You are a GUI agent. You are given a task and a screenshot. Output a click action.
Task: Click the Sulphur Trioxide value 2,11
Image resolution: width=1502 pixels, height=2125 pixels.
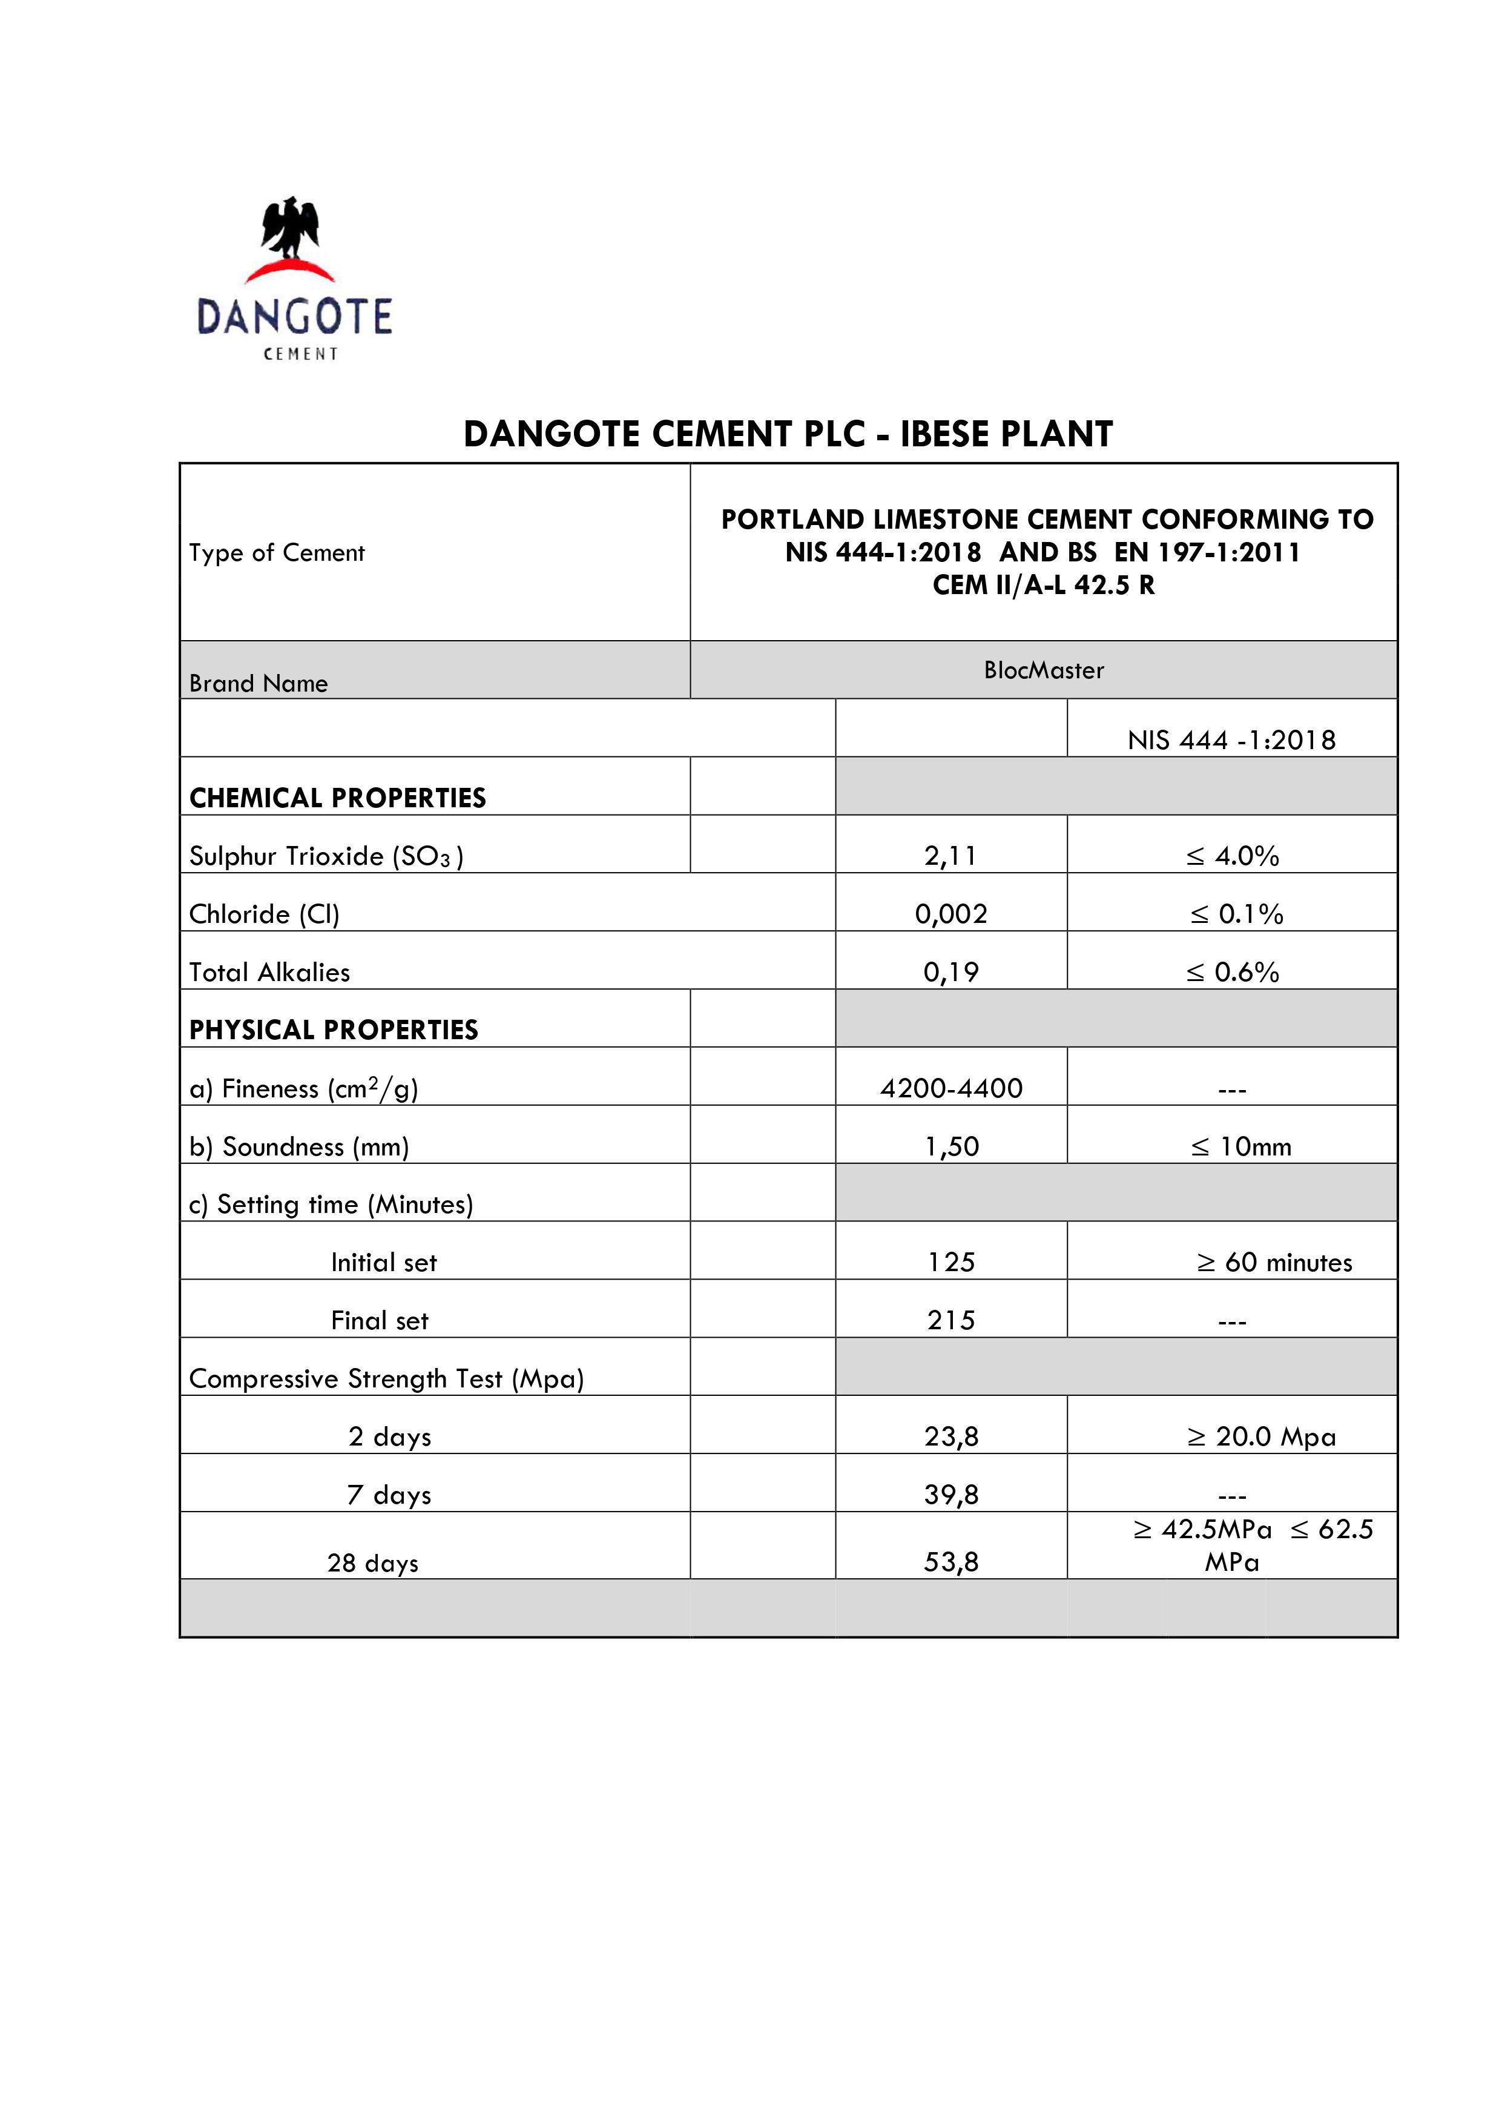950,856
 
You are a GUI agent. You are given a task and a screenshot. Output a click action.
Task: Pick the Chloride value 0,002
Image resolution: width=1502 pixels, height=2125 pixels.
950,914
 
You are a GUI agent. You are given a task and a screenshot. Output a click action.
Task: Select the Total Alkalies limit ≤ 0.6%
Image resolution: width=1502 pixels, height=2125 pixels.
1232,972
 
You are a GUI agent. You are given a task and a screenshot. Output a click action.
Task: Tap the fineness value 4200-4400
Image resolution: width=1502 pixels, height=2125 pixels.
950,1088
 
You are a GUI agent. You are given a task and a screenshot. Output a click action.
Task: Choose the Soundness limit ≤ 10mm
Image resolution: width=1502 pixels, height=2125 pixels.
1240,1147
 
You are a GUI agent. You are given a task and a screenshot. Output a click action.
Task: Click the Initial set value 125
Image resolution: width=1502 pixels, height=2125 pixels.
950,1263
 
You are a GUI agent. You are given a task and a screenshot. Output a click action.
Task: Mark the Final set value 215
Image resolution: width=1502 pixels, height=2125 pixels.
950,1321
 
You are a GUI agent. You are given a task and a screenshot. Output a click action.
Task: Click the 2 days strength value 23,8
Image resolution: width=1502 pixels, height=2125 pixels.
950,1436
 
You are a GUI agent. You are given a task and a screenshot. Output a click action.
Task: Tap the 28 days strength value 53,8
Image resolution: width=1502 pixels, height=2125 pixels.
950,1562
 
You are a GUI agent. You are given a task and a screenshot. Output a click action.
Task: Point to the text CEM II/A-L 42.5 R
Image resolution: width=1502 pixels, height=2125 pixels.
1043,585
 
